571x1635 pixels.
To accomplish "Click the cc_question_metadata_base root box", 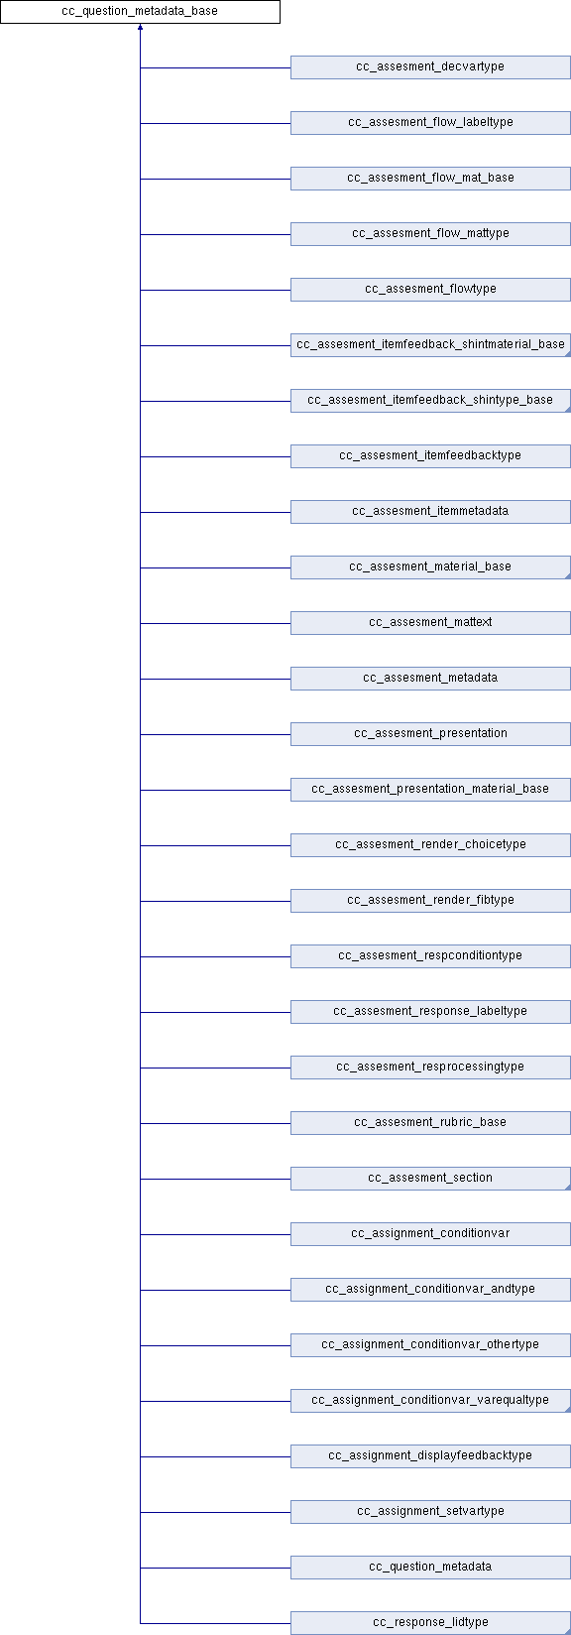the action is (140, 12).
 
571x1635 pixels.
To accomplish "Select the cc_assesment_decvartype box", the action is (430, 67).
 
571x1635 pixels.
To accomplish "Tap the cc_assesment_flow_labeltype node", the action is (430, 123).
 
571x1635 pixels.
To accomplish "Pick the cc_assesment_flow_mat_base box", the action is (430, 179).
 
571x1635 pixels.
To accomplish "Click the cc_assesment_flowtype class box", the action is (430, 289).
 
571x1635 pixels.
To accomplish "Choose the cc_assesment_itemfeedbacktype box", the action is (430, 456).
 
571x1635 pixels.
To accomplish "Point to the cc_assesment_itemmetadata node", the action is (430, 512).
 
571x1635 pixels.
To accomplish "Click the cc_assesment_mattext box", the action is (430, 623).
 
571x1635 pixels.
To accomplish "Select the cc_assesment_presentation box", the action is (430, 733).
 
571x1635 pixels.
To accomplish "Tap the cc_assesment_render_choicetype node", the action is (430, 845).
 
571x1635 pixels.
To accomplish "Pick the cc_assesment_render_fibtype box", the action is (430, 901).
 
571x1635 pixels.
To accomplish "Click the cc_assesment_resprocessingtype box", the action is (430, 1068).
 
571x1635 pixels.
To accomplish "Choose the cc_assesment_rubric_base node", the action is (430, 1123).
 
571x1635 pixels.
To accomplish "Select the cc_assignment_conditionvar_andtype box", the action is (430, 1290).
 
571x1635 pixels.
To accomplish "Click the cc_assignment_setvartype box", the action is (430, 1512).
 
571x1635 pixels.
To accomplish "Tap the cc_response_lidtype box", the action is (430, 1622).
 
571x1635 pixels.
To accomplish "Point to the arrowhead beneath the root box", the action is (140, 27).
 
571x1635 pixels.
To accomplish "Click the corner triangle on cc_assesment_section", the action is (567, 1187).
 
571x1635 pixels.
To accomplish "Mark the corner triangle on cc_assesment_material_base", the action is (567, 575).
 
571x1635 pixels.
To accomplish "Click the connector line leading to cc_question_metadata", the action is (215, 1568).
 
